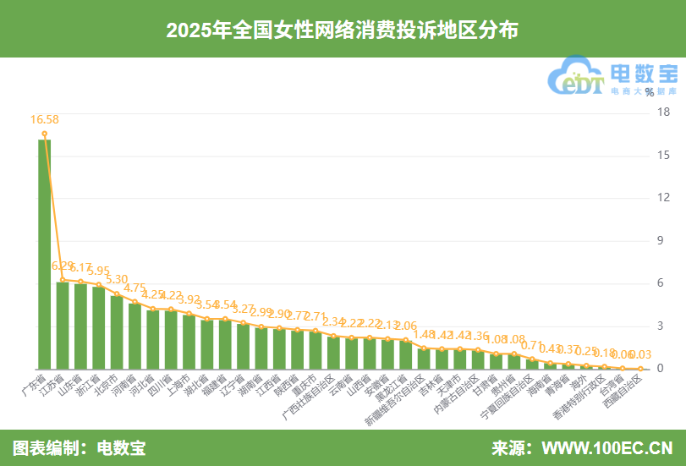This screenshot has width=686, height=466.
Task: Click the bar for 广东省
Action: tap(44, 254)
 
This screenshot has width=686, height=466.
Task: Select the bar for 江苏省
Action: tap(63, 325)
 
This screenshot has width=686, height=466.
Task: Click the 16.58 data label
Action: tap(44, 120)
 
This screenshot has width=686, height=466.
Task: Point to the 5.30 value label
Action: tap(117, 279)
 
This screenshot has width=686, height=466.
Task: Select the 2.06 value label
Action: tap(406, 326)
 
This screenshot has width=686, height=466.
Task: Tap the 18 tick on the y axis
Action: tap(663, 112)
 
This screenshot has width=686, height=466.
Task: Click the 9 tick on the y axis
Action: tap(663, 240)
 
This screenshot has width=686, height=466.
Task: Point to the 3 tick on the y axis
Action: tap(663, 326)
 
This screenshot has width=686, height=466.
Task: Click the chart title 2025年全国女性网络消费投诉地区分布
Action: tap(343, 30)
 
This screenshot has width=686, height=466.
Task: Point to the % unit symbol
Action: tap(650, 92)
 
